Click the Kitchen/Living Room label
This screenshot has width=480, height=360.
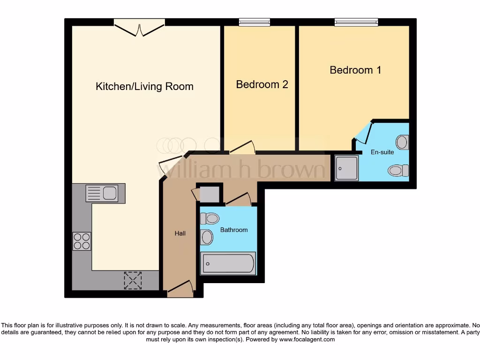tap(144, 87)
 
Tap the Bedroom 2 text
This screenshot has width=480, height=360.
tap(262, 84)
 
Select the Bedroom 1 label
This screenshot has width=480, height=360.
tap(355, 70)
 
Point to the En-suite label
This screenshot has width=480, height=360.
tap(382, 152)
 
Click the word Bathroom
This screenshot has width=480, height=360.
tap(234, 230)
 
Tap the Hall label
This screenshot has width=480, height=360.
tap(180, 233)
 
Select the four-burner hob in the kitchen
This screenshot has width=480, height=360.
tap(82, 241)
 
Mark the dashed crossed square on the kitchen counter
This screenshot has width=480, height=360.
tap(133, 280)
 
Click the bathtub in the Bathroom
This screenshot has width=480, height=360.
tap(228, 263)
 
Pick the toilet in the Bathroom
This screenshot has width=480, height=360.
tap(210, 218)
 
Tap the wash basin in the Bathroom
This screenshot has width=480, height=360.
tap(206, 237)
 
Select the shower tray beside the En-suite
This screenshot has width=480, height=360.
tap(346, 168)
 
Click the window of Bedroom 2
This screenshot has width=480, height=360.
tap(255, 22)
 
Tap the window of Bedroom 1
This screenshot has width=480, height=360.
tap(356, 22)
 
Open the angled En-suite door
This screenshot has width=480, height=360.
tap(362, 133)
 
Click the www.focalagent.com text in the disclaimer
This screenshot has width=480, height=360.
tap(307, 339)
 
